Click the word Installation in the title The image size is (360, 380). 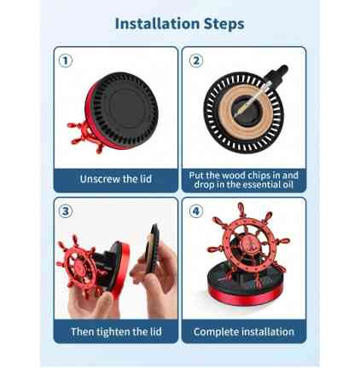[157, 24]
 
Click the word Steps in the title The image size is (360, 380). [224, 24]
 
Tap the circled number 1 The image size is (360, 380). [66, 60]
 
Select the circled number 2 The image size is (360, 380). [196, 60]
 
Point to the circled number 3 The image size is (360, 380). [66, 211]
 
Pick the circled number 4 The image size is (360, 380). [196, 211]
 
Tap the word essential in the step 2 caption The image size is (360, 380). [258, 185]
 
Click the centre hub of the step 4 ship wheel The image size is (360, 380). [247, 244]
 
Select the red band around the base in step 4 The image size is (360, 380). [241, 296]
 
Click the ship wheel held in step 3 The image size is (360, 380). [79, 264]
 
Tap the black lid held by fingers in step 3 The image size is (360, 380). [152, 249]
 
